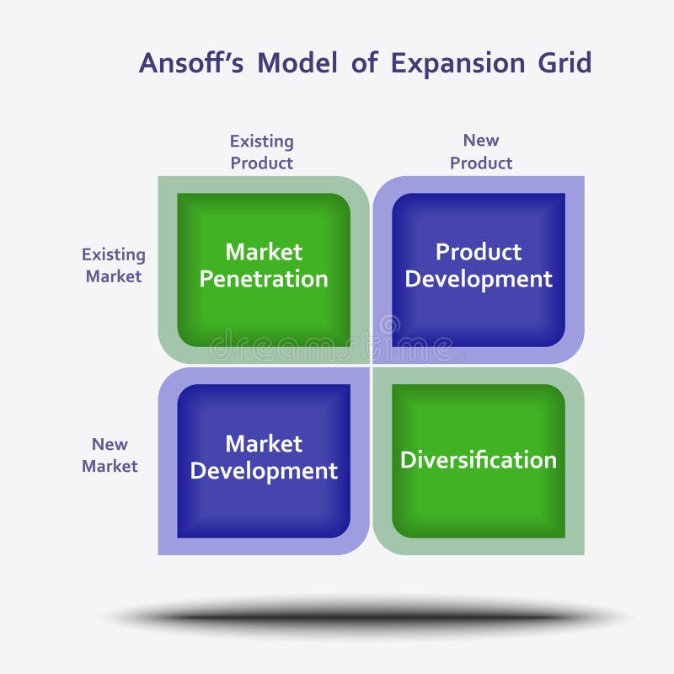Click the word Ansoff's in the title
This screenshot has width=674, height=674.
pos(192,63)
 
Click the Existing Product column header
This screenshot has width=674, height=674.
pos(262,152)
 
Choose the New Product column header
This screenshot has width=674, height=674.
pos(481,152)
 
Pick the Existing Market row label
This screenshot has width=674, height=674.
pos(114,265)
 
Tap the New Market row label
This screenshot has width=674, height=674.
pos(110,455)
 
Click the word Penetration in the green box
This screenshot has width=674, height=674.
pos(264,280)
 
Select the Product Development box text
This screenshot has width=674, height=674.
pos(479,265)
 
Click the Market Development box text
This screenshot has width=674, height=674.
pos(264,457)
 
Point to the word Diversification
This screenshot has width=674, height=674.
pos(479,460)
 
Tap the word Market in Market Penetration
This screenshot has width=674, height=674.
pos(264,252)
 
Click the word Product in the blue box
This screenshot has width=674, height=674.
pos(479,252)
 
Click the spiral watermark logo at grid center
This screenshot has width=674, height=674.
pos(389,325)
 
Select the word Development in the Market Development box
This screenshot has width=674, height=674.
pos(264,471)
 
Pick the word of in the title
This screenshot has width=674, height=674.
pos(364,63)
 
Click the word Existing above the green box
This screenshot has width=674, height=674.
pos(262,142)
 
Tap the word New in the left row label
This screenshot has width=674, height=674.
pos(110,444)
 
